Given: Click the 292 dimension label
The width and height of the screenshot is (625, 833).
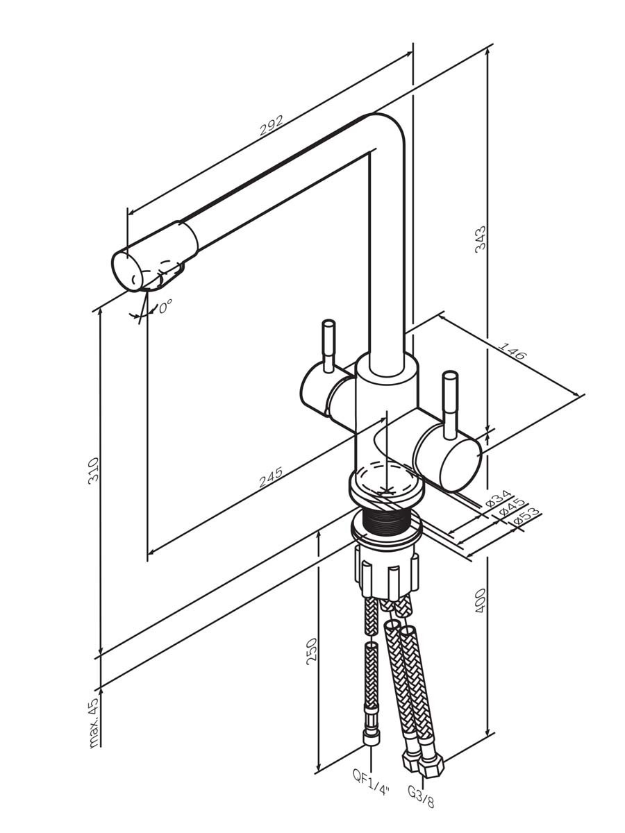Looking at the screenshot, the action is point(271,126).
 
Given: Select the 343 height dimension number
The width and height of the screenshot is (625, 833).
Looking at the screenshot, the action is point(480,240).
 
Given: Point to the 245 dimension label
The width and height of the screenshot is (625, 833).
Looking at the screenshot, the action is point(271,477).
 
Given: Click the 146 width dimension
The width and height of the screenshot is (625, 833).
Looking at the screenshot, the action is point(512,351).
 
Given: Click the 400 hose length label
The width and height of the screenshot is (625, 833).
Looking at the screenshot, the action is point(480,600).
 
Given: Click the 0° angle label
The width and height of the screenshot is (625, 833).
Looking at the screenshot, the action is point(165,306).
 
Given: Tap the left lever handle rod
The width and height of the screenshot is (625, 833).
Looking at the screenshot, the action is point(328,346).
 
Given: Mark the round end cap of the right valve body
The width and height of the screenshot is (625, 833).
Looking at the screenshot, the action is point(460,466).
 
